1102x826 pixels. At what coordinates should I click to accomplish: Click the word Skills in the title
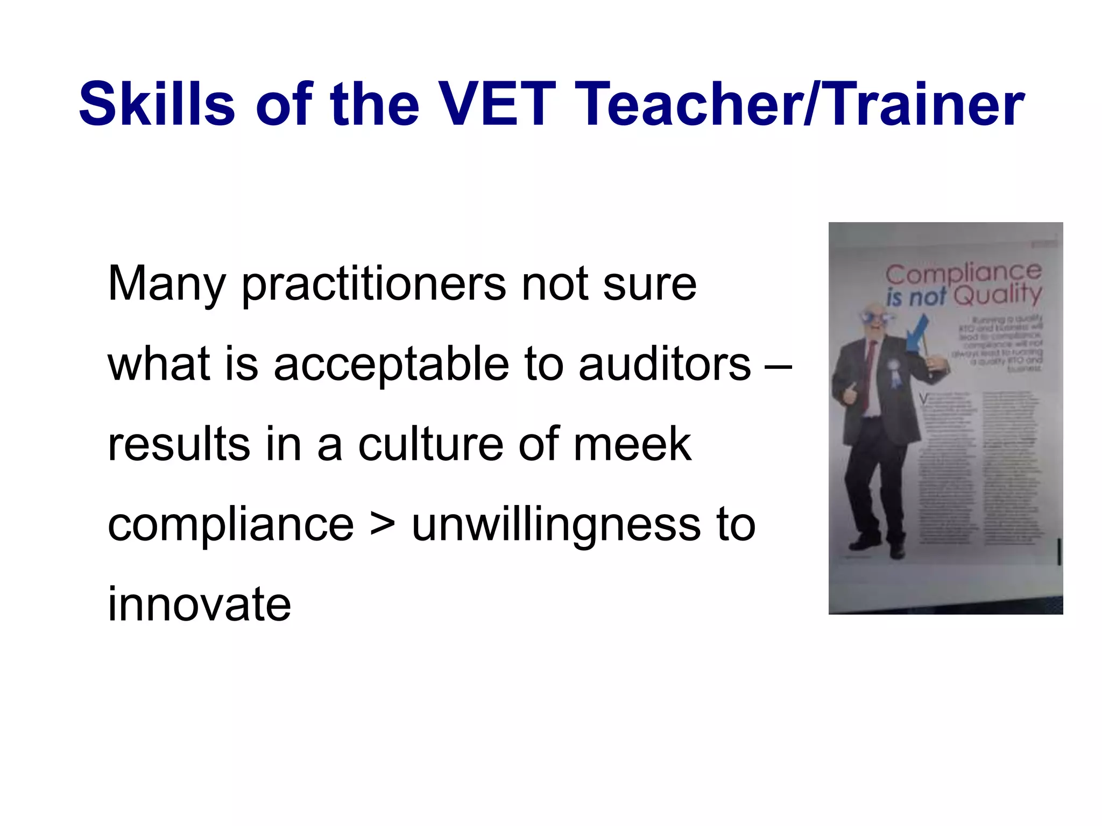point(157,104)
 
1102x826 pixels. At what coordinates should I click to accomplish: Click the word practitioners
point(373,284)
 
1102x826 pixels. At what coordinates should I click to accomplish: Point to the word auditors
point(665,364)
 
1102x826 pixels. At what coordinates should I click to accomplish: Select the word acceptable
point(391,364)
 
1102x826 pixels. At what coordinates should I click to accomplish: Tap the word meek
point(632,444)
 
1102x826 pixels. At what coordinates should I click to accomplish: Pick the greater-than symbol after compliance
point(383,524)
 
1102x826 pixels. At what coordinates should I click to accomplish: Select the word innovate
point(199,604)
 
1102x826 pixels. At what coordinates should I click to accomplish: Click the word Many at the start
point(166,284)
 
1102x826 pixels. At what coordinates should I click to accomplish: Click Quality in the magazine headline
point(997,295)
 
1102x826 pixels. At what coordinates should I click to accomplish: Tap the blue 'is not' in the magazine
point(915,297)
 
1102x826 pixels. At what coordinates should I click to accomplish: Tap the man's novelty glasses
point(872,317)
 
